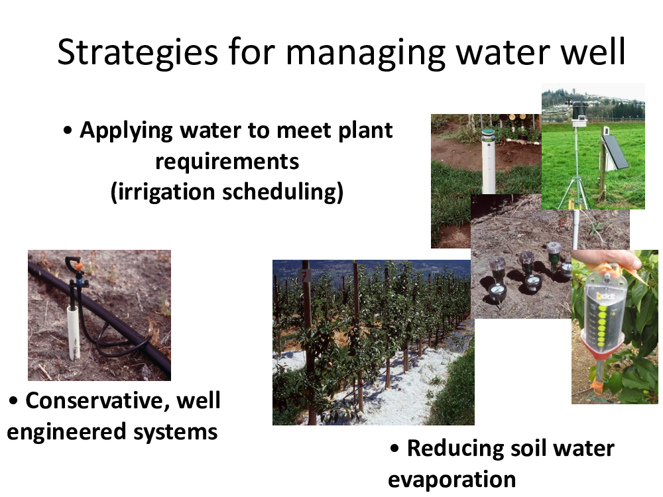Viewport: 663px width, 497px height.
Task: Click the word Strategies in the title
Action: pos(137,52)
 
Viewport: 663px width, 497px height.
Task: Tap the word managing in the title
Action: pos(366,53)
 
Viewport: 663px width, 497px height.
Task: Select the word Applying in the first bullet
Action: pos(127,131)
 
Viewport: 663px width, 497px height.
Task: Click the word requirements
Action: pos(227,162)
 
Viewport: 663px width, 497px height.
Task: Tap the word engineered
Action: pos(66,432)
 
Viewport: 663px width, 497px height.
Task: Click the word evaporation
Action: pos(452,480)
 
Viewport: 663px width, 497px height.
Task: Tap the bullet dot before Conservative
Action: pos(13,401)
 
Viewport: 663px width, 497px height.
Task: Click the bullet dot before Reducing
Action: pos(394,449)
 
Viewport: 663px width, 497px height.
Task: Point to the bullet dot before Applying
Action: pos(68,131)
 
